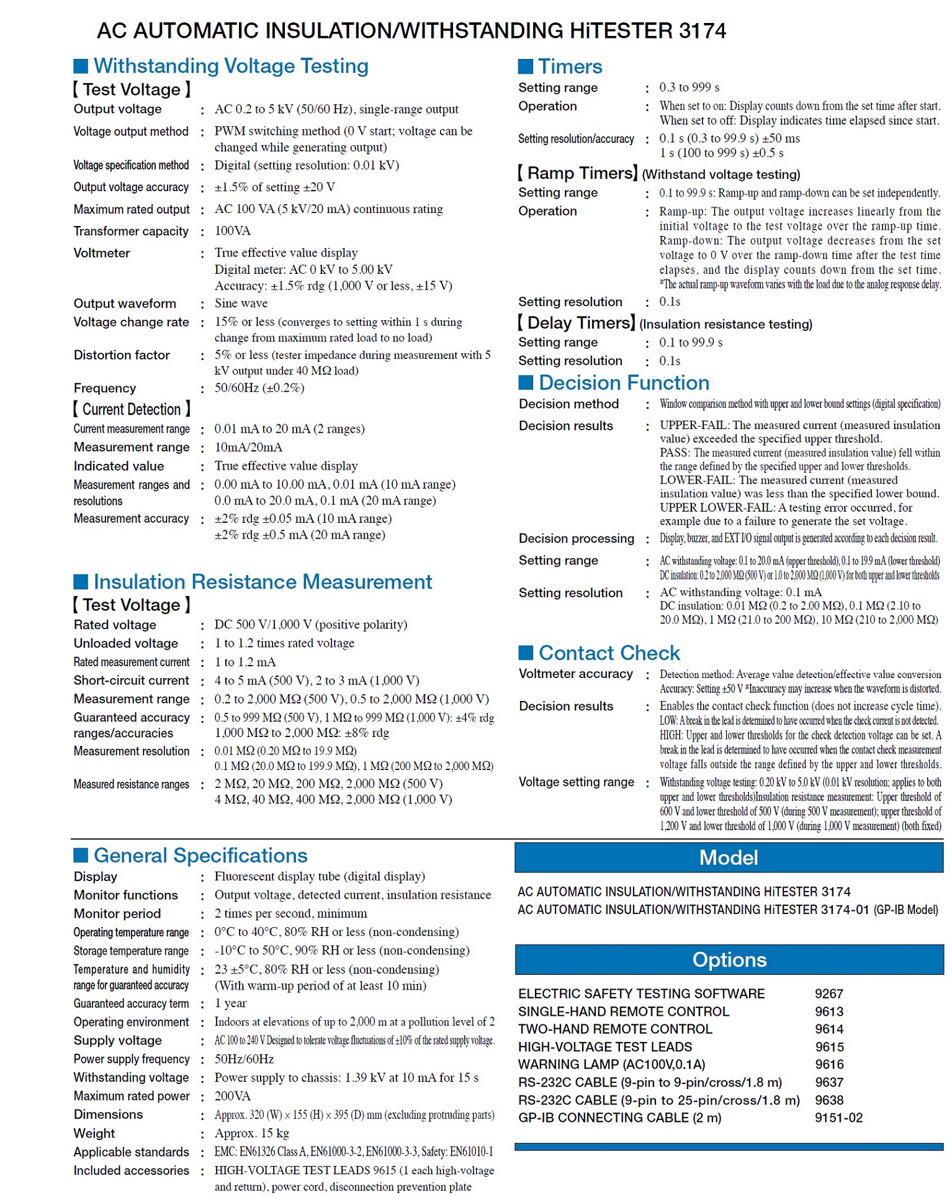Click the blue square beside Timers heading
point(525,66)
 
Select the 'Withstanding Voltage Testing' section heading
point(230,66)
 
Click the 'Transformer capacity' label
point(130,231)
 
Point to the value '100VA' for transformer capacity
point(232,231)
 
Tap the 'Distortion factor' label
point(121,355)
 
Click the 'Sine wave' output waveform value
point(241,303)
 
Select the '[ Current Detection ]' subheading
point(132,409)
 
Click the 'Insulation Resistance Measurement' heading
point(262,582)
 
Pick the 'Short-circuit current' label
point(131,681)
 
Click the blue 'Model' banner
point(728,857)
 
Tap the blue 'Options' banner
point(729,959)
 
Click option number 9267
point(829,993)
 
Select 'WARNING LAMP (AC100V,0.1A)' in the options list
point(611,1064)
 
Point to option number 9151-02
point(838,1118)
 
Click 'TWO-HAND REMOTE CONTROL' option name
point(614,1029)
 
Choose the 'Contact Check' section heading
point(609,653)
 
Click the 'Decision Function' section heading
point(623,382)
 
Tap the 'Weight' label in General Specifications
point(94,1133)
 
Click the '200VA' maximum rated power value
point(232,1096)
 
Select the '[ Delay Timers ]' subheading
point(575,323)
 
